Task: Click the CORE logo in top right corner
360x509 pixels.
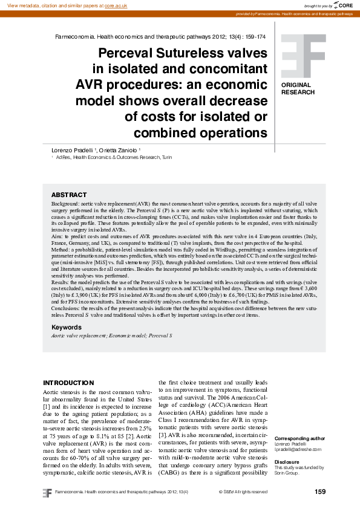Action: (x=343, y=5)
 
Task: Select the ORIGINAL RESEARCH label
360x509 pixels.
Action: (x=298, y=89)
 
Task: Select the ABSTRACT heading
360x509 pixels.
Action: (x=69, y=195)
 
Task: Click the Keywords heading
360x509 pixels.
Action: (x=67, y=327)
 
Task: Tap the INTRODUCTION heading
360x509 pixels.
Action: (x=68, y=383)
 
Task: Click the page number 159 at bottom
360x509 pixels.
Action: (x=320, y=492)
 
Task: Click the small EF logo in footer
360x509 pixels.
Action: (x=47, y=492)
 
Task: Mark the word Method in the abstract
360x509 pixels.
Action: (x=61, y=249)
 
